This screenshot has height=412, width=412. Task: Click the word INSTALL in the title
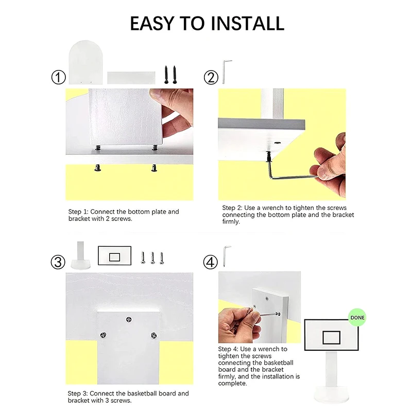247,23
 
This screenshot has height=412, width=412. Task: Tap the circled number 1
58,78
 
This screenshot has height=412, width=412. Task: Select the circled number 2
211,78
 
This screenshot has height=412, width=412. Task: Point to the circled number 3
58,262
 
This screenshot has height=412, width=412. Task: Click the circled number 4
211,262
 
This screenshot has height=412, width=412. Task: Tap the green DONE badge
357,317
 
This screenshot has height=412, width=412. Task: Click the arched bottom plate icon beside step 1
85,62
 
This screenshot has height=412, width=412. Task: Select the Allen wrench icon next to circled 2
226,72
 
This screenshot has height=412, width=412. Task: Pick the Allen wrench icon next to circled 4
226,256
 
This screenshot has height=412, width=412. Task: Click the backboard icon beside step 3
114,255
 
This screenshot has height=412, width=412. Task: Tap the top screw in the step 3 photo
129,319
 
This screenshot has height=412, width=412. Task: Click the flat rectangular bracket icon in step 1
131,78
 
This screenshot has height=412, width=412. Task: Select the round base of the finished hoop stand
332,394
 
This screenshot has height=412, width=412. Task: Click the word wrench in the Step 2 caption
273,208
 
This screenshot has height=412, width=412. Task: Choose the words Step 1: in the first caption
78,212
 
